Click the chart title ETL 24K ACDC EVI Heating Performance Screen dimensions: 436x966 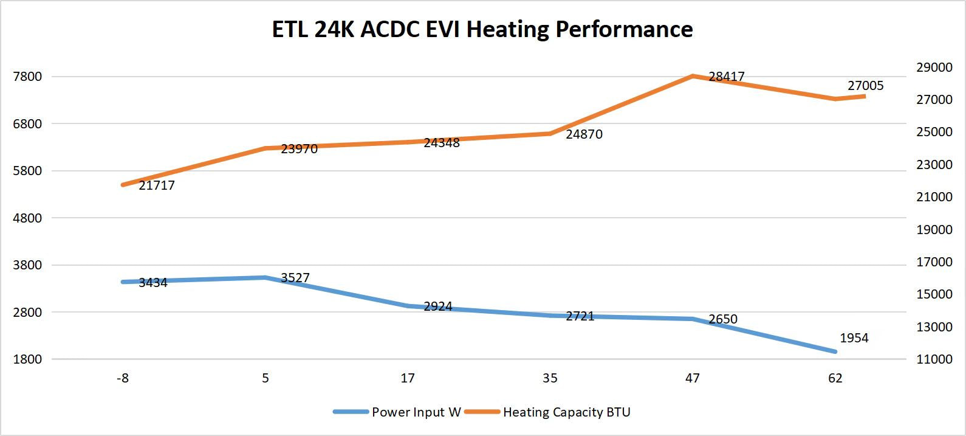tap(482, 29)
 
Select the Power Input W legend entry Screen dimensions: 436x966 tap(416, 412)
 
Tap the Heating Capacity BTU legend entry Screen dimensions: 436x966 tap(566, 412)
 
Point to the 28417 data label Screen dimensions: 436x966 tap(726, 77)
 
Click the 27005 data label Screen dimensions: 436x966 tap(865, 86)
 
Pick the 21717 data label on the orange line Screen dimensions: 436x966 tap(157, 185)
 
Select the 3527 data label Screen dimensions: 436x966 tap(295, 278)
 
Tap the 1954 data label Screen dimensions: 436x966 tap(854, 338)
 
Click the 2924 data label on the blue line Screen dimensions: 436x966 tap(438, 306)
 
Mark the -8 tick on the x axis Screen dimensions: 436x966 tap(123, 378)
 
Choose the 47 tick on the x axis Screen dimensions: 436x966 tap(693, 378)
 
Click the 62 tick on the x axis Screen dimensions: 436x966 tap(835, 378)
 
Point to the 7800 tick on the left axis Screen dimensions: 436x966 tap(27, 77)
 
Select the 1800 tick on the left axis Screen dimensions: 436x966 tap(27, 359)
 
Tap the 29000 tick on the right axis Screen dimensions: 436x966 tap(934, 67)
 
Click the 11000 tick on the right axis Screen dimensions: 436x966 tap(934, 359)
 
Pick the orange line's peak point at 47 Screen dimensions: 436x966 tap(693, 76)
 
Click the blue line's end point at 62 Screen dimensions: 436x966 tap(835, 351)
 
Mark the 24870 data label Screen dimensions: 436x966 tap(584, 134)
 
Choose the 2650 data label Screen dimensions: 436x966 tap(723, 319)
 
